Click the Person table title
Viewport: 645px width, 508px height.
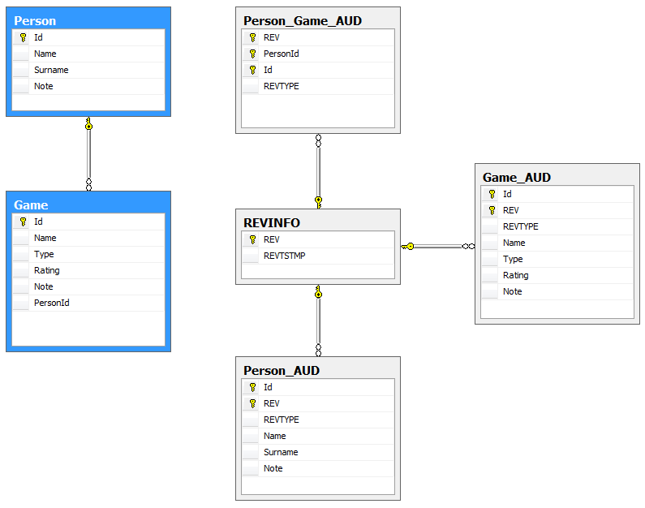point(35,20)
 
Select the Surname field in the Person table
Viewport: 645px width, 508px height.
point(51,70)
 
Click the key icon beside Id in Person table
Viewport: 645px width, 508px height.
point(23,37)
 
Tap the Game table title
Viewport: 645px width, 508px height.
point(31,204)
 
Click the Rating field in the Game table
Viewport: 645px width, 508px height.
point(47,270)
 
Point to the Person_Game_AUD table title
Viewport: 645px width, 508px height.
point(302,20)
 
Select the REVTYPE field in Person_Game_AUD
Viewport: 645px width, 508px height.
point(281,86)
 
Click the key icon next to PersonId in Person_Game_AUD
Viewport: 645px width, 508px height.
point(252,54)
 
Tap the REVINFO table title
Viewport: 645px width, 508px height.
point(273,222)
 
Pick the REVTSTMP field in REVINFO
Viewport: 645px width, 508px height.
point(284,256)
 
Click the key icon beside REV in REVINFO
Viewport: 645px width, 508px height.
point(252,239)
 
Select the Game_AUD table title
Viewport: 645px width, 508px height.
point(517,177)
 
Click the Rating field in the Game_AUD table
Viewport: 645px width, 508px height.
point(515,275)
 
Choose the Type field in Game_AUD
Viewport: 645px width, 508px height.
point(513,259)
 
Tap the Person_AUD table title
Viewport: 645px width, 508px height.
point(281,370)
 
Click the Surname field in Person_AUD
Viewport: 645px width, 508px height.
point(281,452)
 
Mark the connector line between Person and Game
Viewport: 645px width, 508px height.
point(88,154)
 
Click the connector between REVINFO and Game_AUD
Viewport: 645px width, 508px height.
point(438,246)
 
